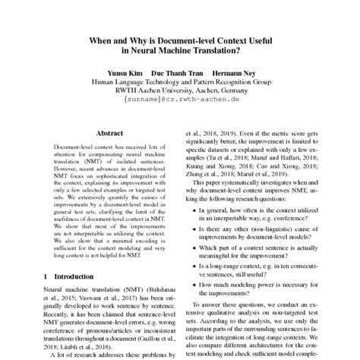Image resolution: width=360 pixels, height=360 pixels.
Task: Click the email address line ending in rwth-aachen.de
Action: [x=180, y=99]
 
